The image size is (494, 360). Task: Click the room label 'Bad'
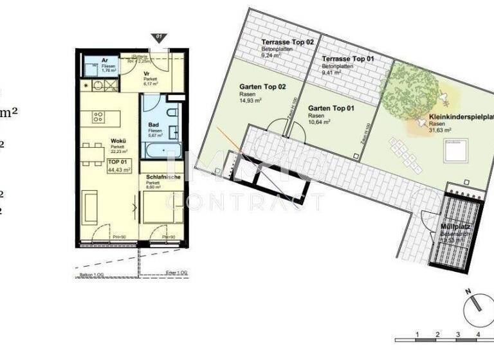point(153,125)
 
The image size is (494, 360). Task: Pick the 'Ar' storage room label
point(95,60)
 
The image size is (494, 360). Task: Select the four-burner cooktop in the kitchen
point(99,117)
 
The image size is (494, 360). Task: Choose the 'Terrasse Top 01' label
point(348,59)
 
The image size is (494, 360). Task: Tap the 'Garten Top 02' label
point(262,87)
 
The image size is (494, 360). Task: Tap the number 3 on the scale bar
point(457,334)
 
